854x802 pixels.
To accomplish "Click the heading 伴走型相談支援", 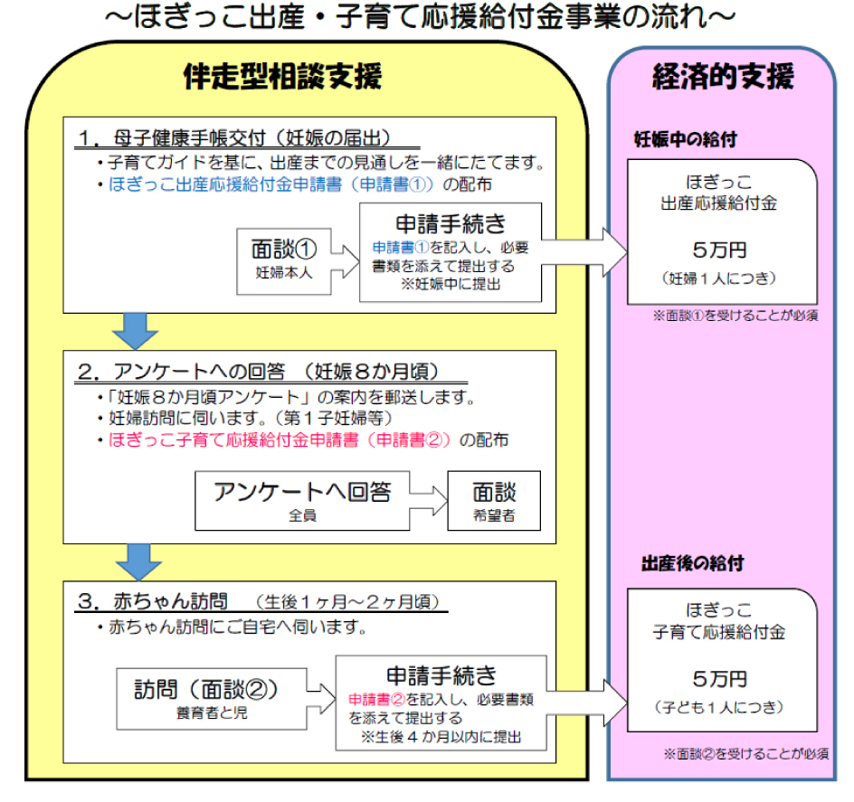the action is click(282, 76).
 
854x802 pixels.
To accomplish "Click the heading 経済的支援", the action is click(723, 76).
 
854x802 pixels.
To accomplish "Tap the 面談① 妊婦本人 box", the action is click(284, 261).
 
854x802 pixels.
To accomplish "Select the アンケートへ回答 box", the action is click(302, 501).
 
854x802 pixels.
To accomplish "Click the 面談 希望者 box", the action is click(494, 501).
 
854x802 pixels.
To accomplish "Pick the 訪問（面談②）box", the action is click(212, 699).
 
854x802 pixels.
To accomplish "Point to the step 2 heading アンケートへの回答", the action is click(199, 372).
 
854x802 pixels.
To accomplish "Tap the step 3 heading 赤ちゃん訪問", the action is click(170, 601).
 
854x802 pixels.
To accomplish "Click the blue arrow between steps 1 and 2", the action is click(135, 331).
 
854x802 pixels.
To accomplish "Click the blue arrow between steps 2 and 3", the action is click(138, 561).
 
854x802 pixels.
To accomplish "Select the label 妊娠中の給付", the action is click(685, 140).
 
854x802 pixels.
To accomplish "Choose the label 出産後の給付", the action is click(692, 563).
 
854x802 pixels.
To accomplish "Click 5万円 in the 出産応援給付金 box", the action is click(719, 250).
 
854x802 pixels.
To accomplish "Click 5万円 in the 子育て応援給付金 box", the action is click(719, 679).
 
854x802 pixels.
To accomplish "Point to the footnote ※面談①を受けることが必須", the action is click(735, 316).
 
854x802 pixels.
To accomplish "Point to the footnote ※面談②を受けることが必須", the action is click(746, 753).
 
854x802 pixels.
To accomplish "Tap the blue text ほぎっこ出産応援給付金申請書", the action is click(225, 184).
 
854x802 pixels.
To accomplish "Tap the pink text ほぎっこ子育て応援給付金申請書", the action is click(233, 440).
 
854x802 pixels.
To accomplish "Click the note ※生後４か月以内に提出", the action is click(441, 737).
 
